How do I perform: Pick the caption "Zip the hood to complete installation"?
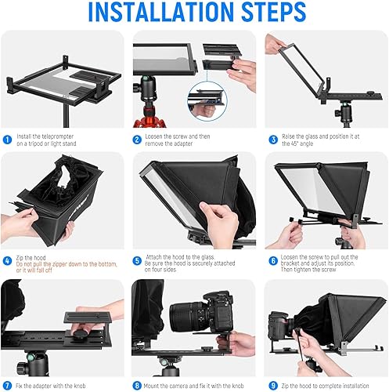[328, 386]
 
